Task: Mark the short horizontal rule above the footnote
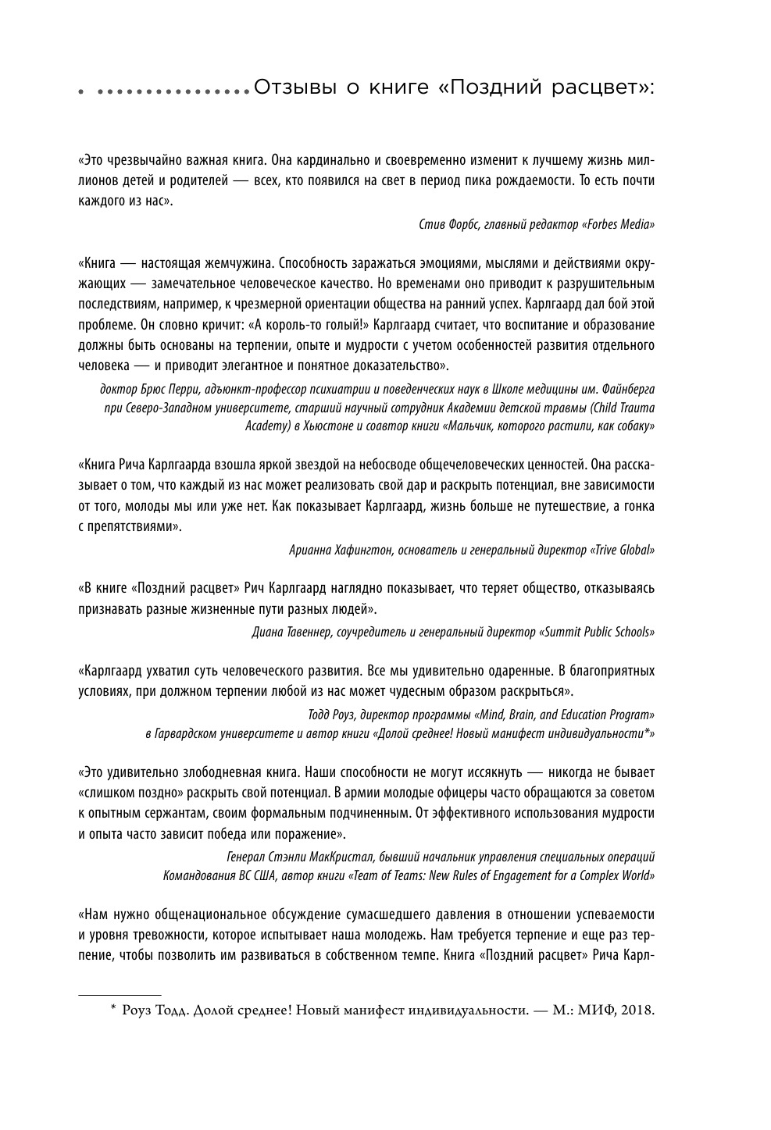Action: click(120, 996)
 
